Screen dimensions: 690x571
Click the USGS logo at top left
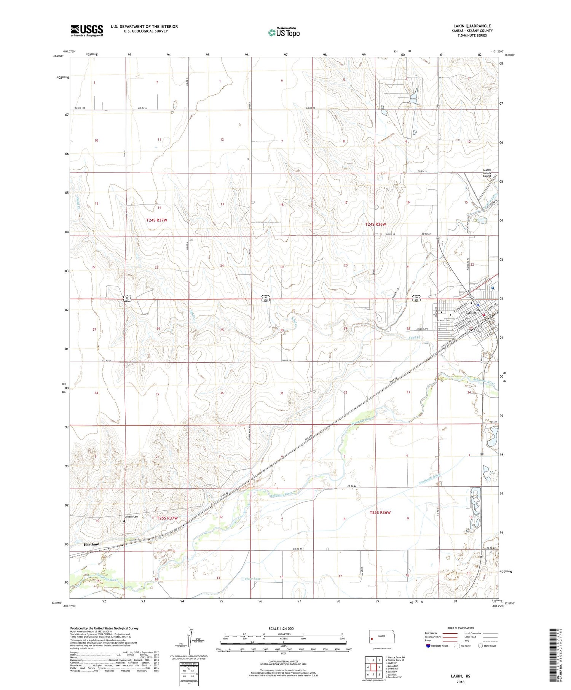(x=87, y=30)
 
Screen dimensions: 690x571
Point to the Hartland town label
(x=91, y=544)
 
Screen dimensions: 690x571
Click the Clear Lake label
(x=253, y=579)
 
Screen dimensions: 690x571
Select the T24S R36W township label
(x=378, y=225)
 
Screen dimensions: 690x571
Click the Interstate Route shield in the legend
(x=428, y=646)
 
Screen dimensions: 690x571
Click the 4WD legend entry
(x=468, y=641)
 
